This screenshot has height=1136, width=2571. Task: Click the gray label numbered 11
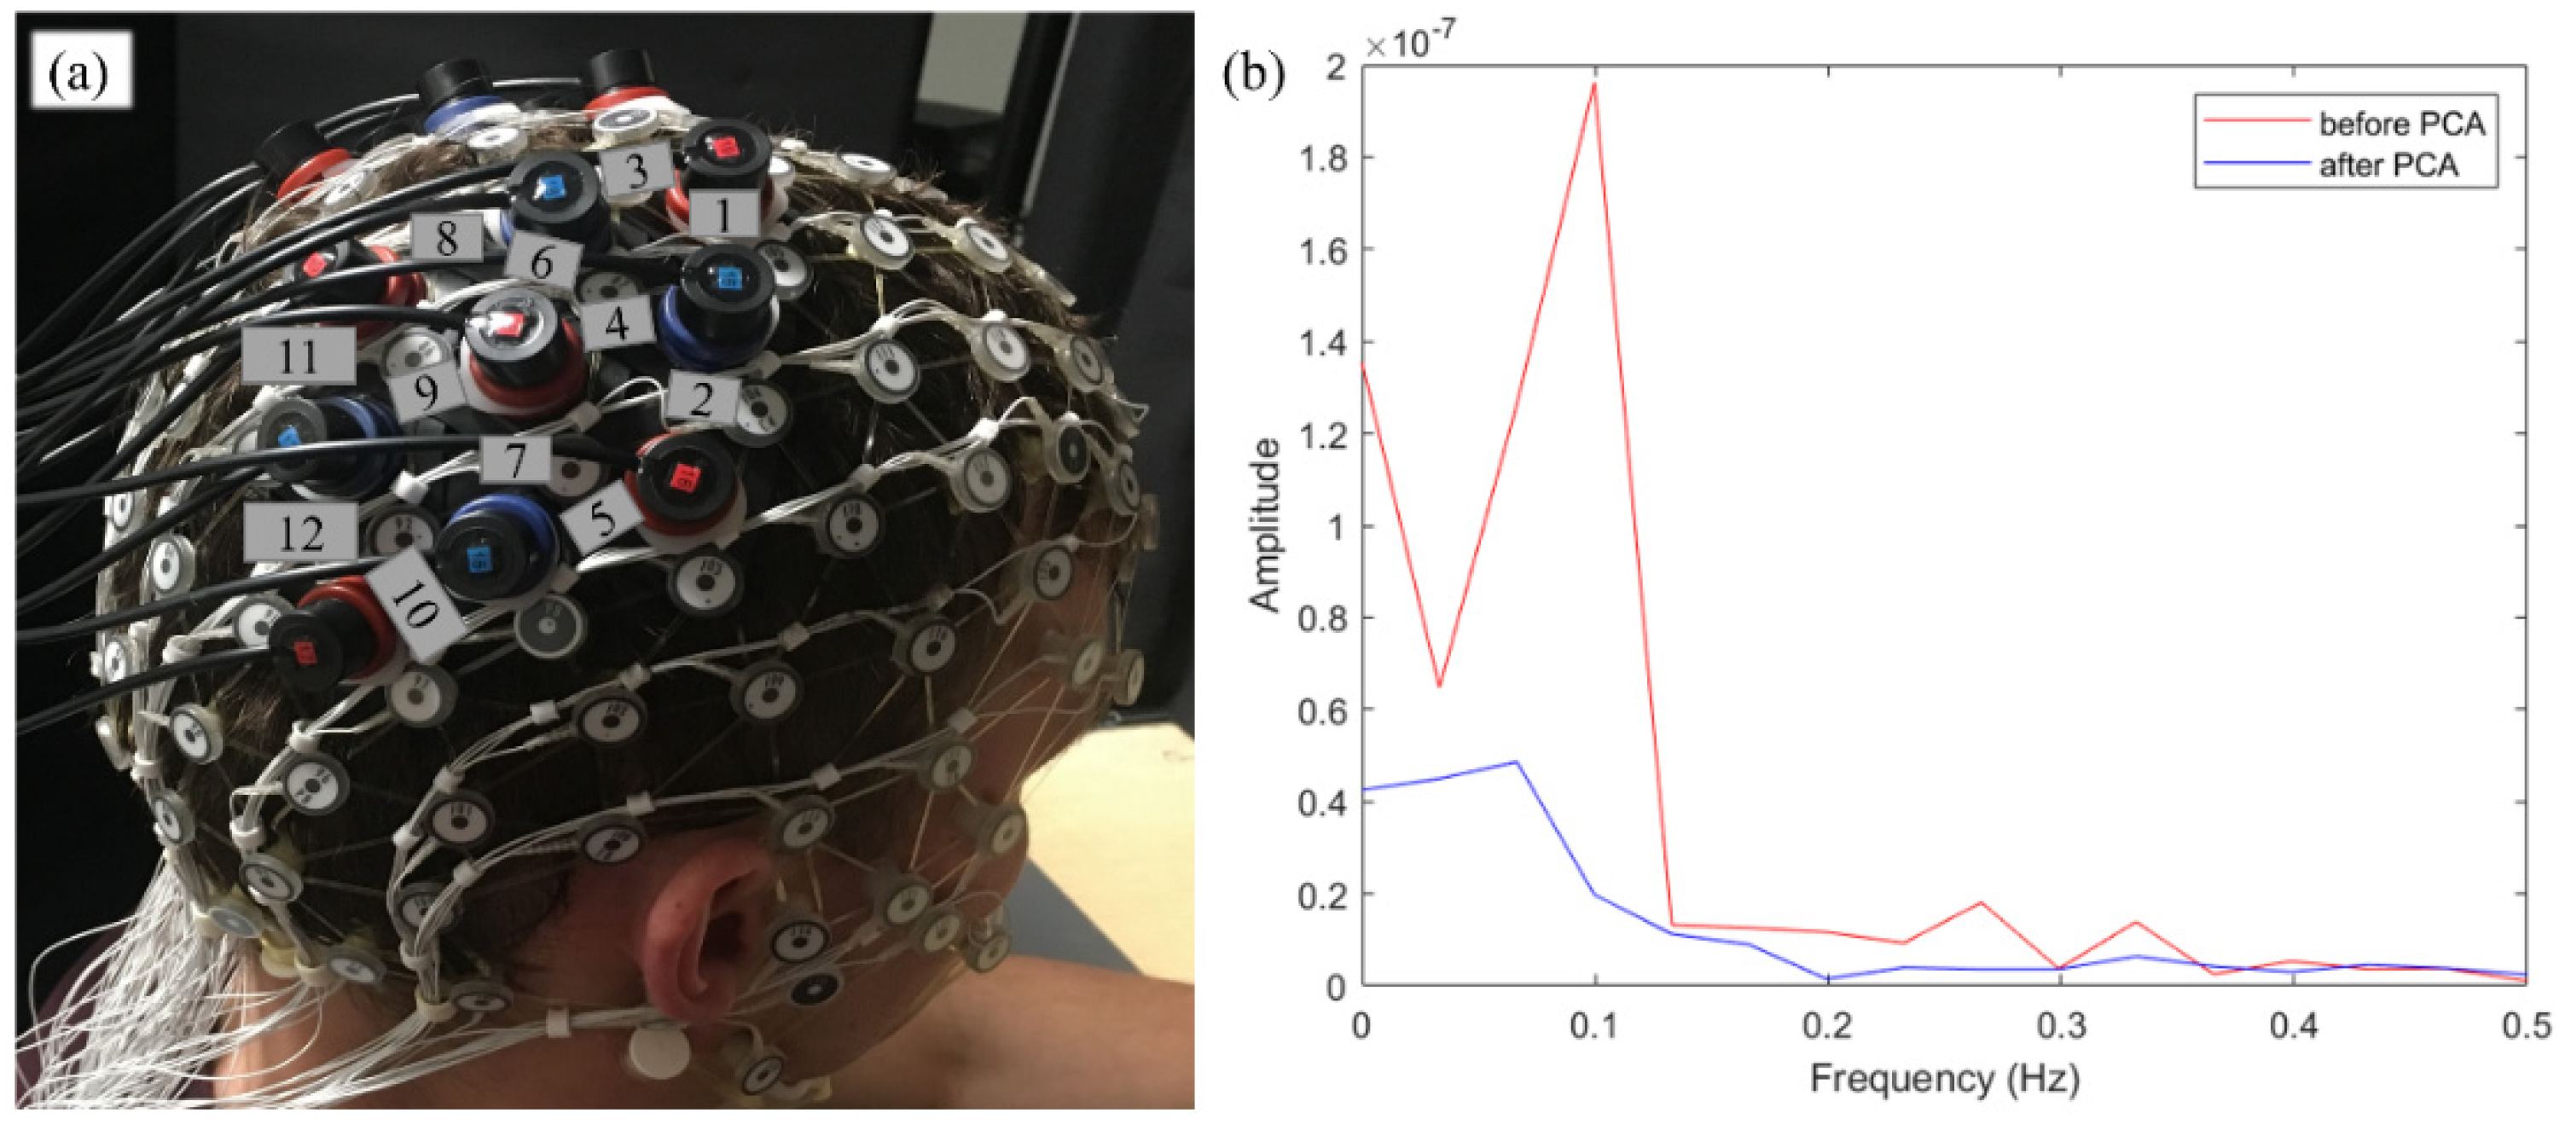tap(298, 356)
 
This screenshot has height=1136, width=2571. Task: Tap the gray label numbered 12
tap(300, 532)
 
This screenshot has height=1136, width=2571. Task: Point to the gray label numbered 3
tap(636, 171)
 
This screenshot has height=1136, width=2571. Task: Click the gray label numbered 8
tap(445, 238)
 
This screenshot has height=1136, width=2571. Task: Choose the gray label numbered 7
tap(515, 461)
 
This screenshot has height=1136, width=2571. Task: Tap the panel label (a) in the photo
tap(81, 71)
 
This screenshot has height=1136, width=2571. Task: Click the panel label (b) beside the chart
tap(1254, 75)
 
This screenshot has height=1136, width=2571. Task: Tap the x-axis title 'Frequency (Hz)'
tap(1943, 1079)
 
